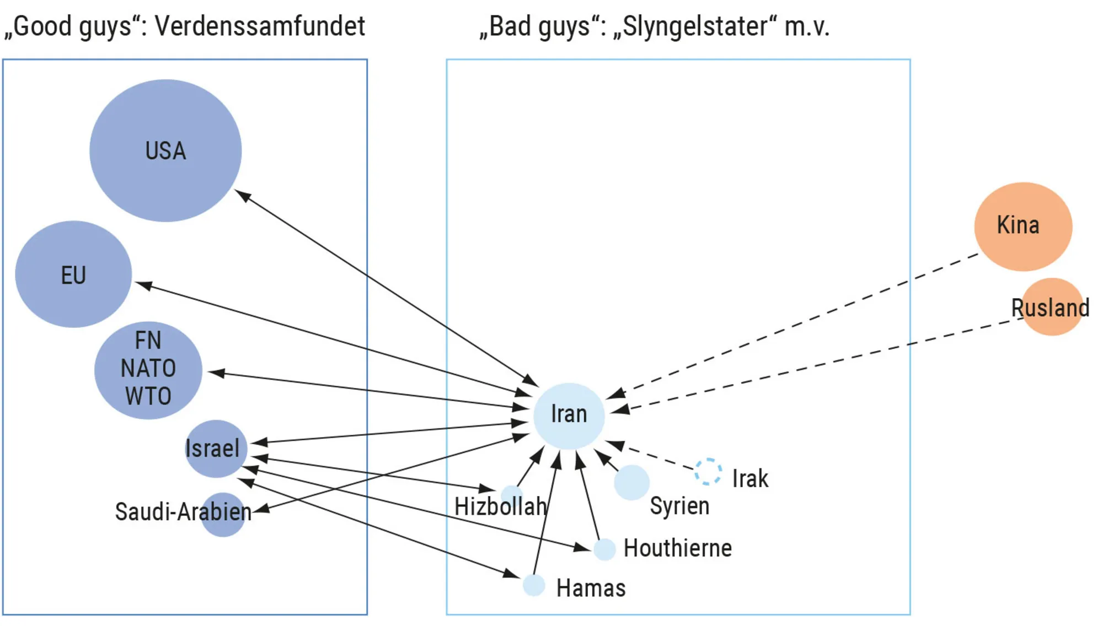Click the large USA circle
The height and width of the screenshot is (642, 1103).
click(165, 150)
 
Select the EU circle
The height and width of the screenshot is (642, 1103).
click(73, 274)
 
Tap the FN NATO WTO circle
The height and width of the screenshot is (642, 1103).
click(148, 370)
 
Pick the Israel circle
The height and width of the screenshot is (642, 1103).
click(216, 449)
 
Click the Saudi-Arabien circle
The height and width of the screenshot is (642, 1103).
click(223, 515)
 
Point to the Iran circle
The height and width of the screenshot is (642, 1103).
click(569, 416)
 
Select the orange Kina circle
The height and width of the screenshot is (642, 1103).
click(1023, 226)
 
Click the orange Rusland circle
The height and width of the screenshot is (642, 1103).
click(1052, 307)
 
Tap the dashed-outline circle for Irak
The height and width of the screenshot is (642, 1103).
click(708, 471)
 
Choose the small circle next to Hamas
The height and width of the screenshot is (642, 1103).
click(534, 585)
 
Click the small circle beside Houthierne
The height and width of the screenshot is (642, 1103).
click(604, 549)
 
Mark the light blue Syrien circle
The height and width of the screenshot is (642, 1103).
click(631, 482)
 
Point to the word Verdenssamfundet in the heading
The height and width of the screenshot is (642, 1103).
click(260, 26)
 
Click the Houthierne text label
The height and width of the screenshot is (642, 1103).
click(678, 548)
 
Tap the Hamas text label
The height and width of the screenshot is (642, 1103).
click(591, 588)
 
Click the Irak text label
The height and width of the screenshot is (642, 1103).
click(750, 478)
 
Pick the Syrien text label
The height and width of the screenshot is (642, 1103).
click(679, 506)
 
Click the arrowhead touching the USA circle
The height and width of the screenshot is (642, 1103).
click(243, 196)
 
